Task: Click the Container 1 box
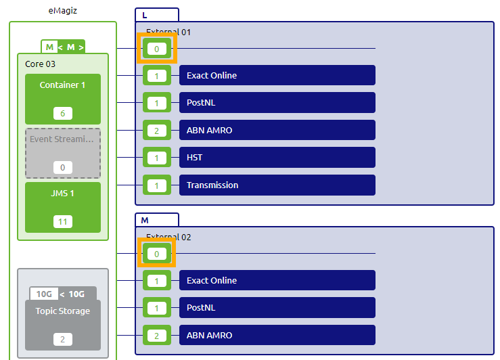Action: click(x=62, y=98)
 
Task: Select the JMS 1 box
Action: click(x=62, y=206)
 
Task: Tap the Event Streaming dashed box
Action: click(x=62, y=152)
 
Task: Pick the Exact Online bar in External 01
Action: click(x=277, y=76)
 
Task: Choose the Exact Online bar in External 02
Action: click(x=277, y=281)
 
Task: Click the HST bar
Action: click(x=277, y=158)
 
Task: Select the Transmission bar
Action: click(x=277, y=185)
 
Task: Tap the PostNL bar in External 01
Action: click(x=277, y=103)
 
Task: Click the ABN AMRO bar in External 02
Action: click(x=277, y=336)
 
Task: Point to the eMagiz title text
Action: click(x=63, y=11)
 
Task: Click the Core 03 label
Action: click(x=40, y=64)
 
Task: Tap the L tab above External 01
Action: click(x=145, y=15)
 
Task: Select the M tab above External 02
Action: click(x=145, y=220)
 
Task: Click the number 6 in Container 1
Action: click(x=62, y=114)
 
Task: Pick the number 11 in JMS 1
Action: click(x=62, y=221)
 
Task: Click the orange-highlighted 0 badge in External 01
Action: click(x=156, y=49)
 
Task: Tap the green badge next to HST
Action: click(x=156, y=158)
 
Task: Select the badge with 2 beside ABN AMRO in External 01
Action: click(x=156, y=131)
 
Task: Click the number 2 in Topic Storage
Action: click(x=62, y=338)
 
